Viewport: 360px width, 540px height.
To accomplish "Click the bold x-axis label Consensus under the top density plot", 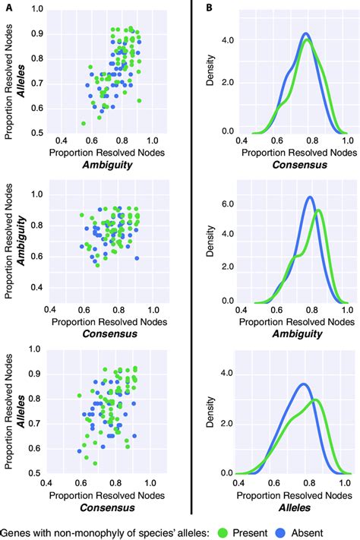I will [x=292, y=164].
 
